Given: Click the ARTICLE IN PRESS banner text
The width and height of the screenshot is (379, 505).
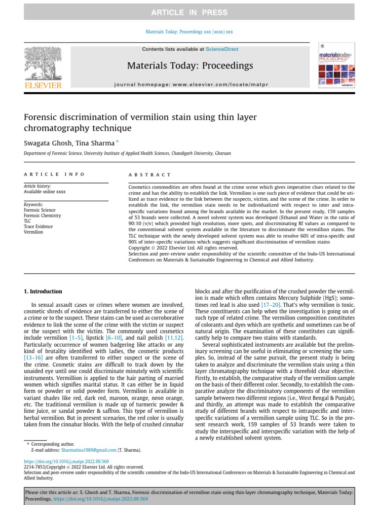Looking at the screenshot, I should click(189, 12).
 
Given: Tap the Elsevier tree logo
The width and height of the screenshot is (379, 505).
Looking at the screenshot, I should click(43, 64).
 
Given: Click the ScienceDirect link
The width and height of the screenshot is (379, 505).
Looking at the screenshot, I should click(222, 49).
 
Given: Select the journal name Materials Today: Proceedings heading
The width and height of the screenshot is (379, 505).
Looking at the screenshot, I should click(190, 66).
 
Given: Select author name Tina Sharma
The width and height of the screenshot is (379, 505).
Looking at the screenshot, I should click(95, 143).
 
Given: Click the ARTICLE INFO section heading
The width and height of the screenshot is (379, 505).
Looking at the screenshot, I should click(54, 175).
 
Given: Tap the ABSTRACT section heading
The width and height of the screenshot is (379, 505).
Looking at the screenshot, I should click(150, 175).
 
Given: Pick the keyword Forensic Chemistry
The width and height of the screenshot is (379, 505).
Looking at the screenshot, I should click(42, 216).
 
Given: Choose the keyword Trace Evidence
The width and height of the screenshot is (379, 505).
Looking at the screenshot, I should click(38, 226).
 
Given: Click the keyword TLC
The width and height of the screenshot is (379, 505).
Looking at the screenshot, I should click(28, 221).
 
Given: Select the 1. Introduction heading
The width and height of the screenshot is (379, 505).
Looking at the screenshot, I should click(43, 291).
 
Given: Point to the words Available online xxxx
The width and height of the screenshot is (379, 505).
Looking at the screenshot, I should click(44, 192).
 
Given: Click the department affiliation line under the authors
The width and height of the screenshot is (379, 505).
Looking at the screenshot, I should click(127, 153).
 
